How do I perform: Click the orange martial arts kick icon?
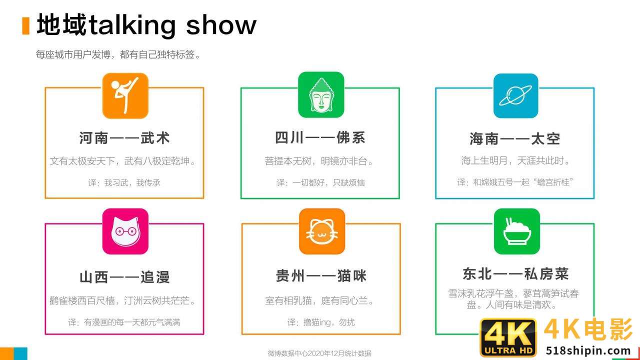pos(125,95)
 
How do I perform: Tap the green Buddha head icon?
pos(321,95)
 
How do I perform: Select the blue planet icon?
pos(515,95)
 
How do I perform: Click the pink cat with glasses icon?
pos(125,231)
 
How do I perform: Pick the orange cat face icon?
pos(321,231)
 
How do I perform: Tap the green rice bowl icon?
pos(516,231)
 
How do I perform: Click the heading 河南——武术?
pos(124,138)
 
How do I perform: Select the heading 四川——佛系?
pos(320,138)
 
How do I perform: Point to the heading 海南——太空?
pos(515,138)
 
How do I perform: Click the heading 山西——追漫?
pos(124,277)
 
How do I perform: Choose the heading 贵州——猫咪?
pos(321,275)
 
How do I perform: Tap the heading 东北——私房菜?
pos(515,273)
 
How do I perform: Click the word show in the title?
pos(221,25)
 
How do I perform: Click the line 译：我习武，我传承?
pos(124,183)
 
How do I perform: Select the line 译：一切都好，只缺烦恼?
pos(320,183)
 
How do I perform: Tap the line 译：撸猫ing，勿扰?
pos(321,322)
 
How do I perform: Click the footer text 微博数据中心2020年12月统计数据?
pos(319,353)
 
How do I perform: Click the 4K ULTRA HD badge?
pos(508,337)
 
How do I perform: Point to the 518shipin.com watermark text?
pos(588,350)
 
